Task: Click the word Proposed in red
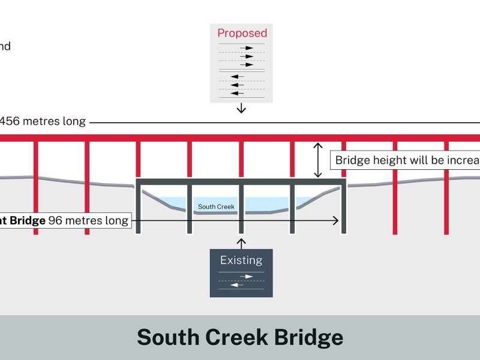(242, 33)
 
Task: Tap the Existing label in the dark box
(241, 260)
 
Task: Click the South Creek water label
(216, 207)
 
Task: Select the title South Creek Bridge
(240, 337)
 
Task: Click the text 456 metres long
(42, 121)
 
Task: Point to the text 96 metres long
(88, 221)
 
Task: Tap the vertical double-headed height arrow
(318, 160)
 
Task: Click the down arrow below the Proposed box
(241, 108)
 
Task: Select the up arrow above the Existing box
(241, 242)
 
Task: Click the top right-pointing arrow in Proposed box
(246, 47)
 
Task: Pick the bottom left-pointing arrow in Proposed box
(238, 93)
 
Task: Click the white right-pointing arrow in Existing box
(246, 277)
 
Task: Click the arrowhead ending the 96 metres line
(335, 221)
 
